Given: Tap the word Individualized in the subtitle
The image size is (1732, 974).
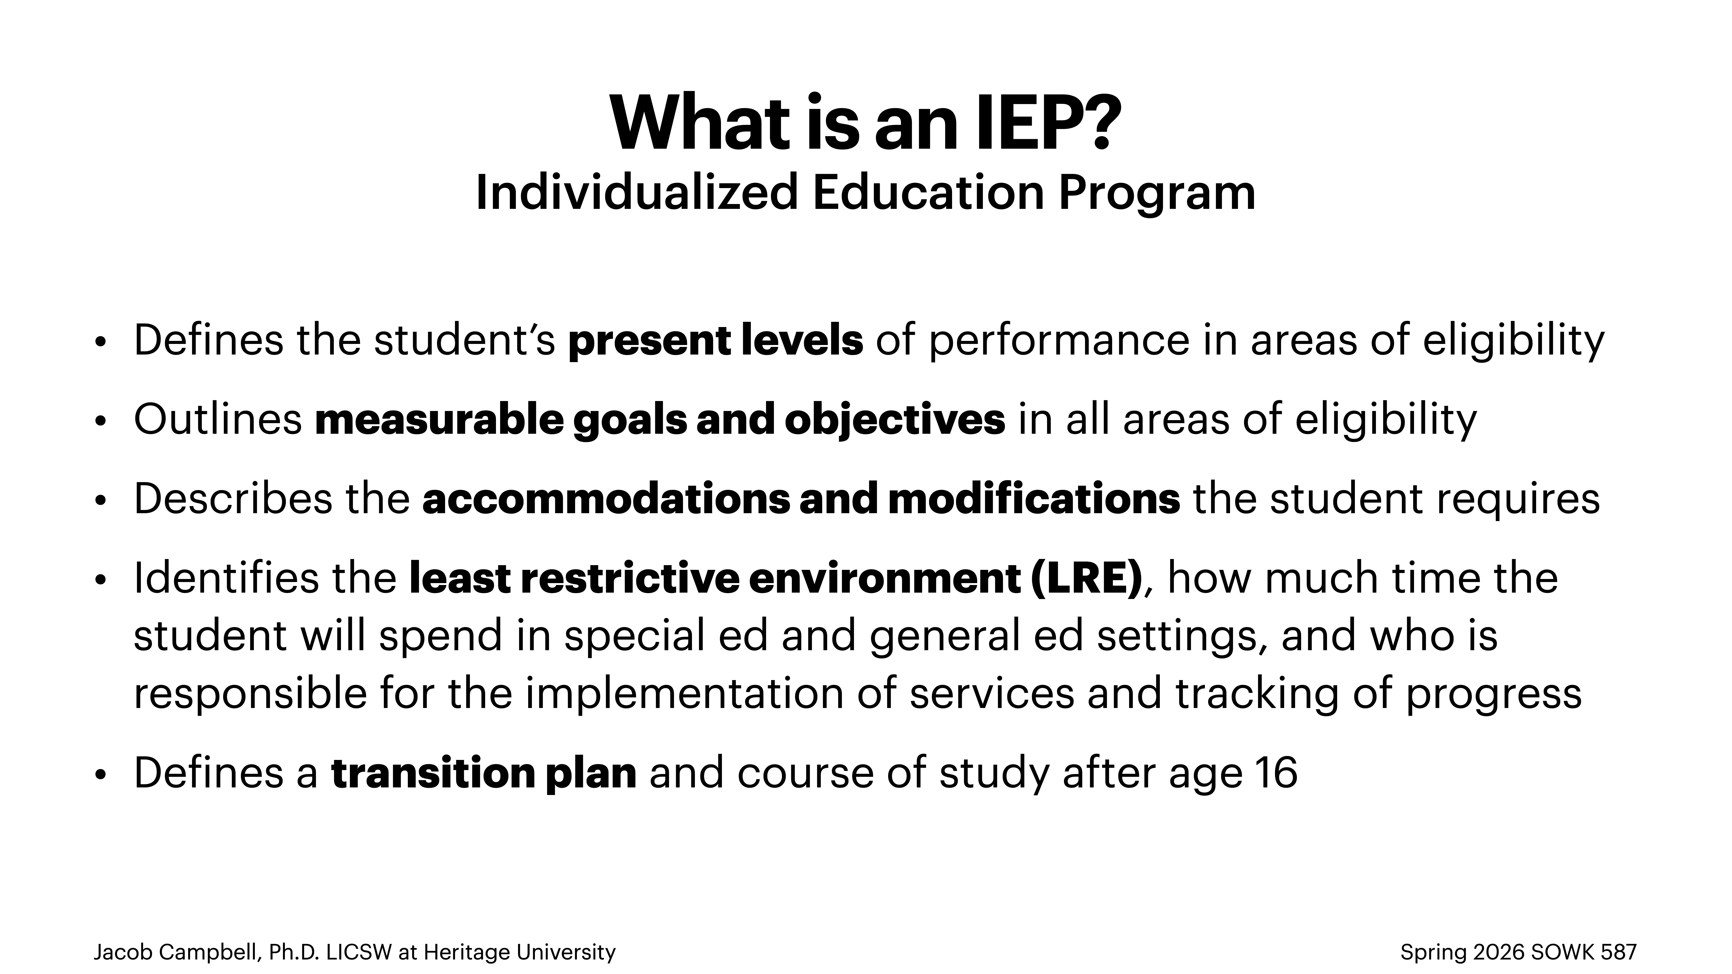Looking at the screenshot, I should (x=635, y=193).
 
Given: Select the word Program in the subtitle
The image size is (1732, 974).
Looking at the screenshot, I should (x=1156, y=193).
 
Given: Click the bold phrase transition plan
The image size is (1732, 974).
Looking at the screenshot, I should (x=484, y=773).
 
